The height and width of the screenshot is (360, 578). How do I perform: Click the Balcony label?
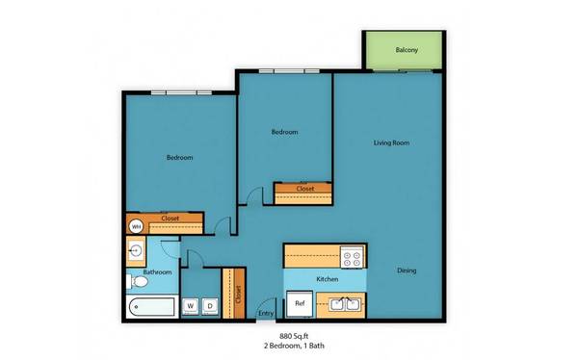point(407,50)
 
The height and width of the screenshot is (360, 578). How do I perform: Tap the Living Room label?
point(391,142)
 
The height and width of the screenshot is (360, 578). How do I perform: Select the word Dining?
point(407,270)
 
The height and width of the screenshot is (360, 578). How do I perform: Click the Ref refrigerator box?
point(300,303)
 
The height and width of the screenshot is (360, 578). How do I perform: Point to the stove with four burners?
point(352,257)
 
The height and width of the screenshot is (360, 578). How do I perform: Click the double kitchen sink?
point(346,305)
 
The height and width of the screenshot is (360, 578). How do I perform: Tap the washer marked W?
point(191,306)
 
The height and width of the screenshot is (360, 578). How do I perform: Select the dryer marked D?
point(210,306)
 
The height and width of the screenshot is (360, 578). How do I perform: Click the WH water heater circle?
point(136,226)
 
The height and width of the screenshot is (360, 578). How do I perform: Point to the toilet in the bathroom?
point(138,282)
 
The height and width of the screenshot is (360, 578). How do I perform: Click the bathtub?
point(152,307)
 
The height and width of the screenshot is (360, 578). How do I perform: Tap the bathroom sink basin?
point(136,251)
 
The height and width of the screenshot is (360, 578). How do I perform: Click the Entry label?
point(266,313)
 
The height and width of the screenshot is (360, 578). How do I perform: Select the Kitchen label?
point(328,279)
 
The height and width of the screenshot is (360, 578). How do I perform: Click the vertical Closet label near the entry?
point(238,295)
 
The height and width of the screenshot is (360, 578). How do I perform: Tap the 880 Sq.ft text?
point(294,336)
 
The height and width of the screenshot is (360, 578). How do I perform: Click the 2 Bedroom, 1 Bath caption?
point(294,346)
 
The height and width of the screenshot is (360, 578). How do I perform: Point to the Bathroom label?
point(157,272)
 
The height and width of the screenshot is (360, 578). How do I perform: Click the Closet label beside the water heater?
point(171,219)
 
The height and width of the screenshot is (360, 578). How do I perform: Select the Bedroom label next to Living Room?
point(284,132)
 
